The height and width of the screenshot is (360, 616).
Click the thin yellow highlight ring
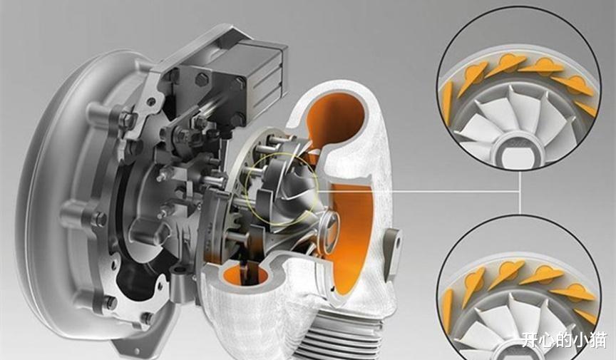click(x=280, y=189)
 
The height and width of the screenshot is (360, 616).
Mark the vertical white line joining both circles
click(x=520, y=192)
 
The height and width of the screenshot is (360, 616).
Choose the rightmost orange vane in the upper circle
click(x=586, y=108)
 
